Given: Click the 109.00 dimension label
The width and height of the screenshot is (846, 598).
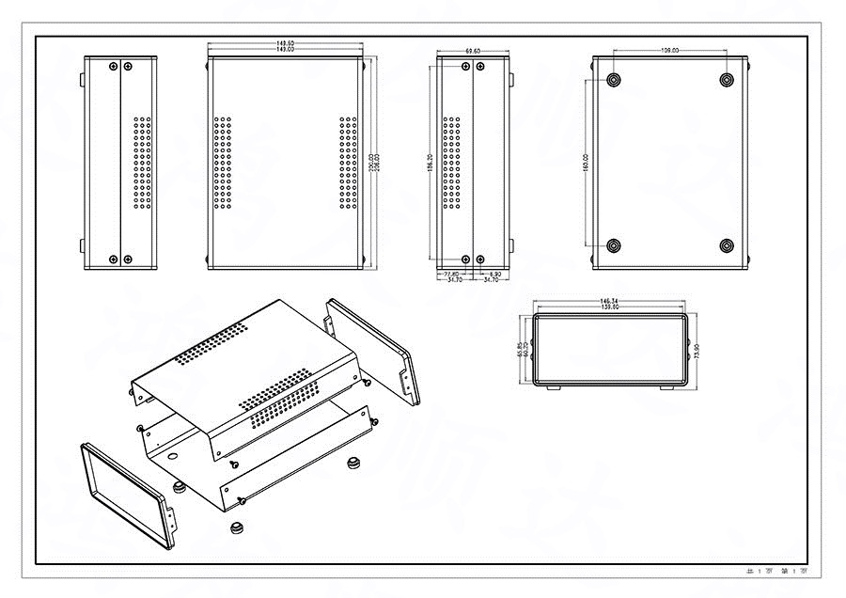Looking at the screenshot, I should [670, 51].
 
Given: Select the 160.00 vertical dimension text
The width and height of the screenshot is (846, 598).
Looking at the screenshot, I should [586, 164].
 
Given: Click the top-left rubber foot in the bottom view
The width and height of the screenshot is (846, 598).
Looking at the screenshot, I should [614, 80].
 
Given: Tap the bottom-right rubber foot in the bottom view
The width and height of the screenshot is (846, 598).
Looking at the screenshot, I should [727, 246].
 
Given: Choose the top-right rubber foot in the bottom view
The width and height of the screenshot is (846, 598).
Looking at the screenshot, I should [727, 80].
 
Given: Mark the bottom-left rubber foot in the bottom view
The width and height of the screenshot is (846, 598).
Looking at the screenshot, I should [614, 246].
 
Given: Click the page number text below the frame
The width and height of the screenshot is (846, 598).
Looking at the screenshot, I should [776, 571].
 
